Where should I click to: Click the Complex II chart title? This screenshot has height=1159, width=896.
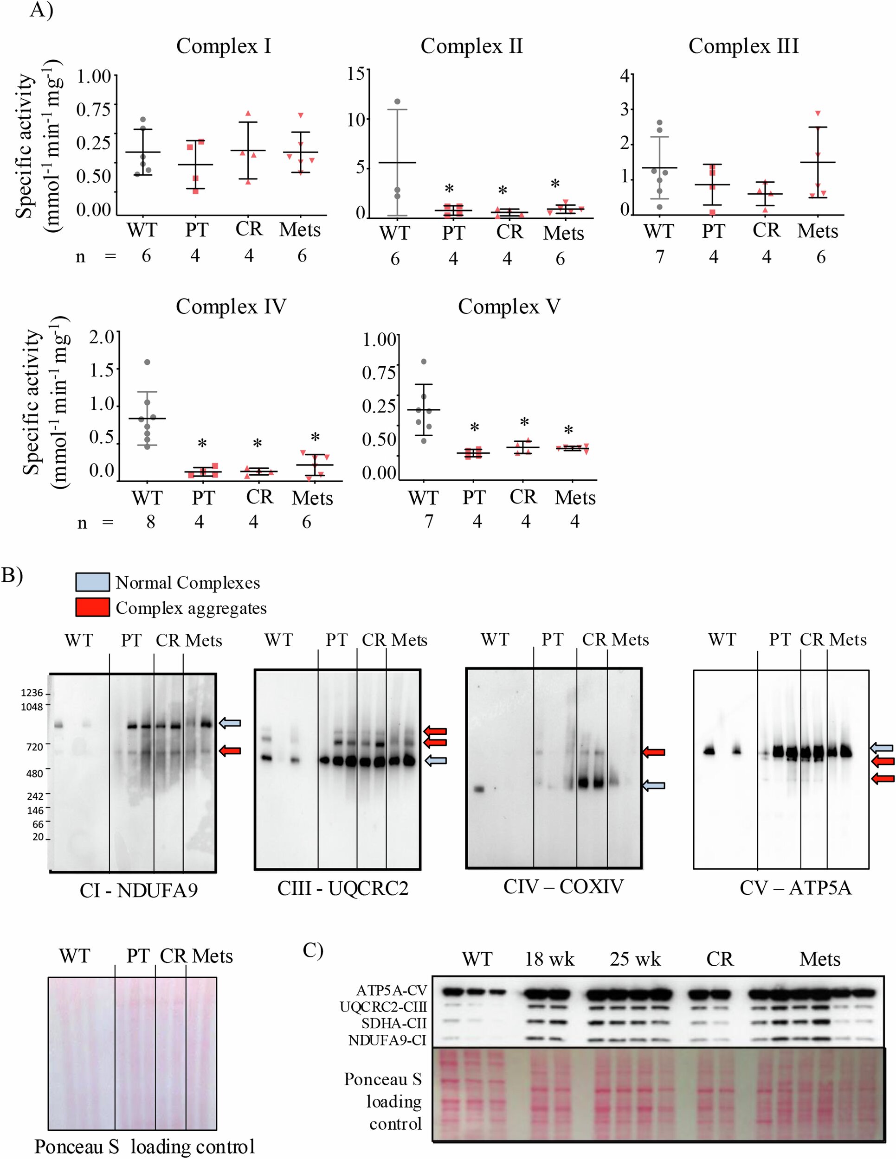tap(471, 46)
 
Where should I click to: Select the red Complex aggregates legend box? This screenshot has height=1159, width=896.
tap(92, 607)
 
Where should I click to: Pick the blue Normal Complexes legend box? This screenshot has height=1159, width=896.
tap(92, 582)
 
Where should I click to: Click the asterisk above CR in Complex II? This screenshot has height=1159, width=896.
tap(503, 191)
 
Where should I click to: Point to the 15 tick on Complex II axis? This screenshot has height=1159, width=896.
tap(356, 74)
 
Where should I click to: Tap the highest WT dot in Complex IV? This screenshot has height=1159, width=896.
tap(147, 363)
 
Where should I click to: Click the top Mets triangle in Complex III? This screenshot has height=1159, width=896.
tap(818, 113)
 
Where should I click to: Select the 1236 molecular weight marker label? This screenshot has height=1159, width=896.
tap(32, 693)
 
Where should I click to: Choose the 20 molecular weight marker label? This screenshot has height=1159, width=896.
tap(38, 837)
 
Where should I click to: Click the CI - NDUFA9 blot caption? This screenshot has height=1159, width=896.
tap(139, 890)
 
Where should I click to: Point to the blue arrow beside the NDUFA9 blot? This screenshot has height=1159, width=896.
tap(231, 723)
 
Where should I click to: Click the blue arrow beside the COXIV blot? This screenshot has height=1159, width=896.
tap(654, 786)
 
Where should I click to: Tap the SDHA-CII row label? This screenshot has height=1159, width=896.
tap(393, 1023)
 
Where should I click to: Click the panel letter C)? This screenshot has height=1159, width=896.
tap(313, 949)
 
